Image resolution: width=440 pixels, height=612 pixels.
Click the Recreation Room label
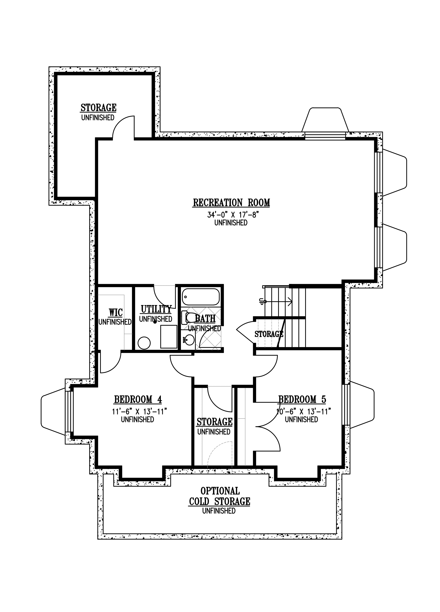coord(231,203)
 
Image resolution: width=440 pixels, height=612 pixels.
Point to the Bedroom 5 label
coord(302,399)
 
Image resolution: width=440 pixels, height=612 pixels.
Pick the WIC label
coord(115,313)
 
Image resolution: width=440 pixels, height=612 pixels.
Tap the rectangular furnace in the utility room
coord(169,337)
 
